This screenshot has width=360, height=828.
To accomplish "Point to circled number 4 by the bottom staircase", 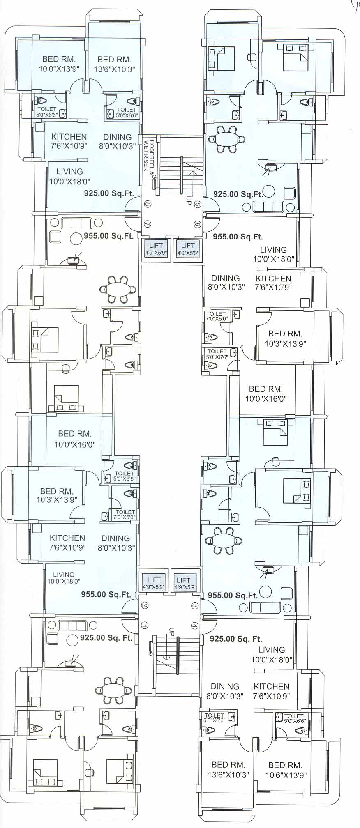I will point(194,626).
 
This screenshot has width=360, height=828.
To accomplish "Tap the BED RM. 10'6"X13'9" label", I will point(285,770).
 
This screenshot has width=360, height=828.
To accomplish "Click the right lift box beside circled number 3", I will point(183,583).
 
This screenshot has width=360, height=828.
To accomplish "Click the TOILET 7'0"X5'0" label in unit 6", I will point(217,316).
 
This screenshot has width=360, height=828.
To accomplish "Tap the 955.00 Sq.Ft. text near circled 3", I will point(233,595).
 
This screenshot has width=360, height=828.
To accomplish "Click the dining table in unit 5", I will point(226,139).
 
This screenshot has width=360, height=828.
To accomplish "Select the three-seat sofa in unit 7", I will point(76,223).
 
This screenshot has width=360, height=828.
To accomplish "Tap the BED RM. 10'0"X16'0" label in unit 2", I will point(75,439).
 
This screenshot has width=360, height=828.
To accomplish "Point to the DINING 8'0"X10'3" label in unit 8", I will point(118,142).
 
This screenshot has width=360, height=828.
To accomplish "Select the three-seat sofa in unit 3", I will point(265,607).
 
